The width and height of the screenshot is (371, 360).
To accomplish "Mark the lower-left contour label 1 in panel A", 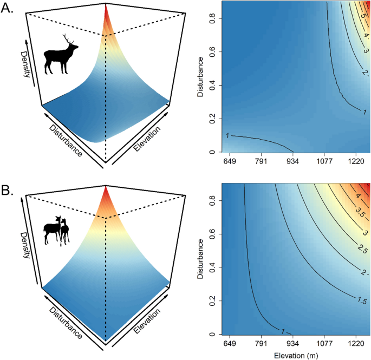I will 228,135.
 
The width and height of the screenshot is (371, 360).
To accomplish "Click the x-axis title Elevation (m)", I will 296,355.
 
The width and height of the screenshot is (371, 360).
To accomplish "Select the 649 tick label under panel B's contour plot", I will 230,343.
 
